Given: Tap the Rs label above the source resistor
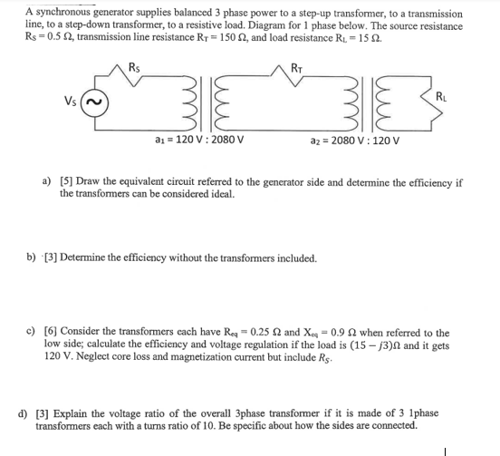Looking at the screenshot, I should pos(134,65).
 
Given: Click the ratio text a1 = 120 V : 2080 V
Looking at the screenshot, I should pos(197,140).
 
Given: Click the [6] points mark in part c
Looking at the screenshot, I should pos(67,334).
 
